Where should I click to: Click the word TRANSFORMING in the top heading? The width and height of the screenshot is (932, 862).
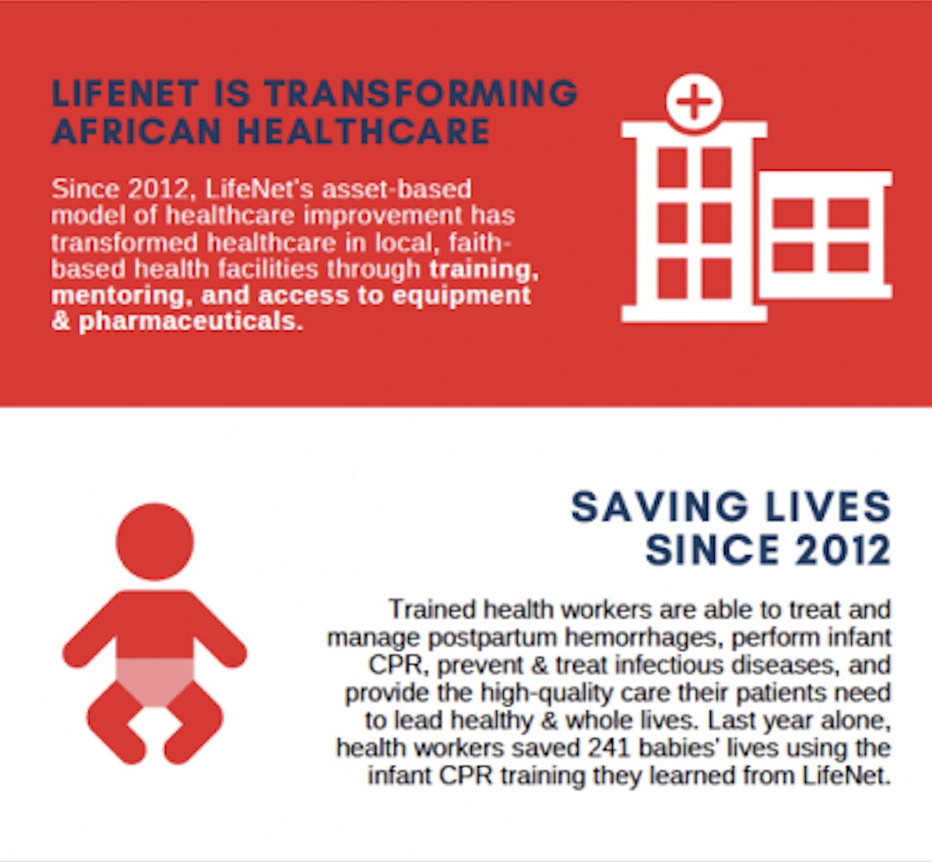421,94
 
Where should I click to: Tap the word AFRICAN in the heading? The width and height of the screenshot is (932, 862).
137,131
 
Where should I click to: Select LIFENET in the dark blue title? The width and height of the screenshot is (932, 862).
125,94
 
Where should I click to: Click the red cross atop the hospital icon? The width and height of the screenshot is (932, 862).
694,101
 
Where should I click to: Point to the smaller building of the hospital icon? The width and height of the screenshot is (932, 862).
826,235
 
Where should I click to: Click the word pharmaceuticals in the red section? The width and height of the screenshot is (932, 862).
191,321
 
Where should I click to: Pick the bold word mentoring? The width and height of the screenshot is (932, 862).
121,296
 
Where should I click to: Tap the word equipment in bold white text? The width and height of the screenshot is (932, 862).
461,296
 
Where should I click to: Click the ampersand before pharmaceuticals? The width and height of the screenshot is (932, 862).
61,321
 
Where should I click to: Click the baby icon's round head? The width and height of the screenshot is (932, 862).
154,541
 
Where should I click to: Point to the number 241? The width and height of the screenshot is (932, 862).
608,747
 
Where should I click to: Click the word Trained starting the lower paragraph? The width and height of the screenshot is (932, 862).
432,610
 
